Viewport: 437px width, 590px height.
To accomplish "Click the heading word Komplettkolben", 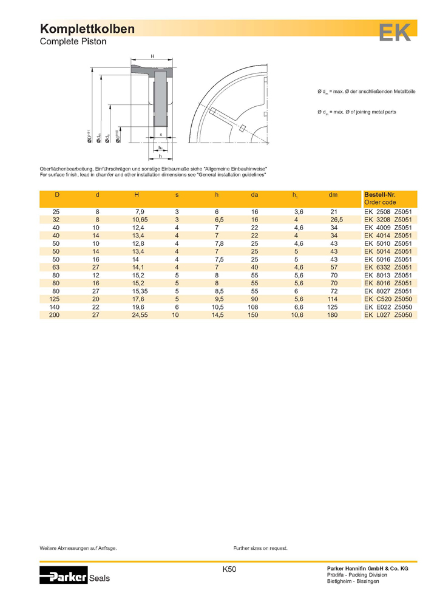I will (87, 29).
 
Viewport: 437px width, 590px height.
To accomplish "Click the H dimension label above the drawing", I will (152, 56).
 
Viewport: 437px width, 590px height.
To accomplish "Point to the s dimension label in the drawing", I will (161, 134).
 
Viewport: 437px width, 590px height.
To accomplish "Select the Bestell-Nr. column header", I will (379, 194).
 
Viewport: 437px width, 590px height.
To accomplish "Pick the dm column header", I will (333, 194).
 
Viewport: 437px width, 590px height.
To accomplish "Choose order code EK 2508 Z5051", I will (388, 211).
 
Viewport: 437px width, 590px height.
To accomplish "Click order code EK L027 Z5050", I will (388, 316).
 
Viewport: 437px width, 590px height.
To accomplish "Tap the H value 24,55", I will (141, 316).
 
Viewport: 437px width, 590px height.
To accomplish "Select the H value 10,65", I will (141, 219).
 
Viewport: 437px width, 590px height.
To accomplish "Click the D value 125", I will (56, 299).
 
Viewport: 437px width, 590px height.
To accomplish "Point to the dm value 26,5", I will (337, 219).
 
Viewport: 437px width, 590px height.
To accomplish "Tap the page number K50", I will (229, 569).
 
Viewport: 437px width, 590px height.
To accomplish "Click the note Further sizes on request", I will (260, 548).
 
